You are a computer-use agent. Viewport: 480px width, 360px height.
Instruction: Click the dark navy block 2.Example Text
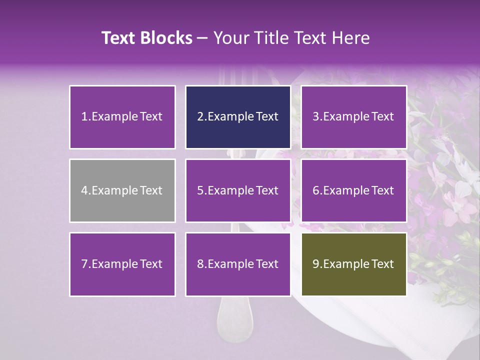coord(238,117)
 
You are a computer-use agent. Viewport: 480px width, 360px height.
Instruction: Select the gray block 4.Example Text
coord(122,190)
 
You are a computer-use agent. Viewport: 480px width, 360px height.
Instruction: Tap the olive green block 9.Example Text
coord(353,264)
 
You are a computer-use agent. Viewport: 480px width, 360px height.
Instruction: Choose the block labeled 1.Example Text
coord(122,117)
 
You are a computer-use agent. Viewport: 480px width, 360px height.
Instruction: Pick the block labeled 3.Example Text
coord(353,117)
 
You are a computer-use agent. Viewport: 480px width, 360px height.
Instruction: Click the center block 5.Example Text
coord(238,190)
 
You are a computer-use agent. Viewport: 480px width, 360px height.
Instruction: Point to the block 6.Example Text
coord(353,190)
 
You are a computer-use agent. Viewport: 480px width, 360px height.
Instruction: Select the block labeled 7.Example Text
coord(122,264)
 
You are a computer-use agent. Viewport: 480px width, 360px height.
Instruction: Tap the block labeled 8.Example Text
coord(238,264)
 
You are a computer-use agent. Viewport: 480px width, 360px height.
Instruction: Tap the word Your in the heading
coord(229,38)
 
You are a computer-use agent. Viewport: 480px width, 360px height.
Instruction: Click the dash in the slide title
coord(202,38)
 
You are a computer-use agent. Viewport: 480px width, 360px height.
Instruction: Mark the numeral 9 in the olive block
coord(316,264)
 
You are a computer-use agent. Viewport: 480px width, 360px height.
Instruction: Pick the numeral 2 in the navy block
coord(200,117)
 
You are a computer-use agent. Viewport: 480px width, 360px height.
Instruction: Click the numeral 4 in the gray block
coord(84,190)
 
